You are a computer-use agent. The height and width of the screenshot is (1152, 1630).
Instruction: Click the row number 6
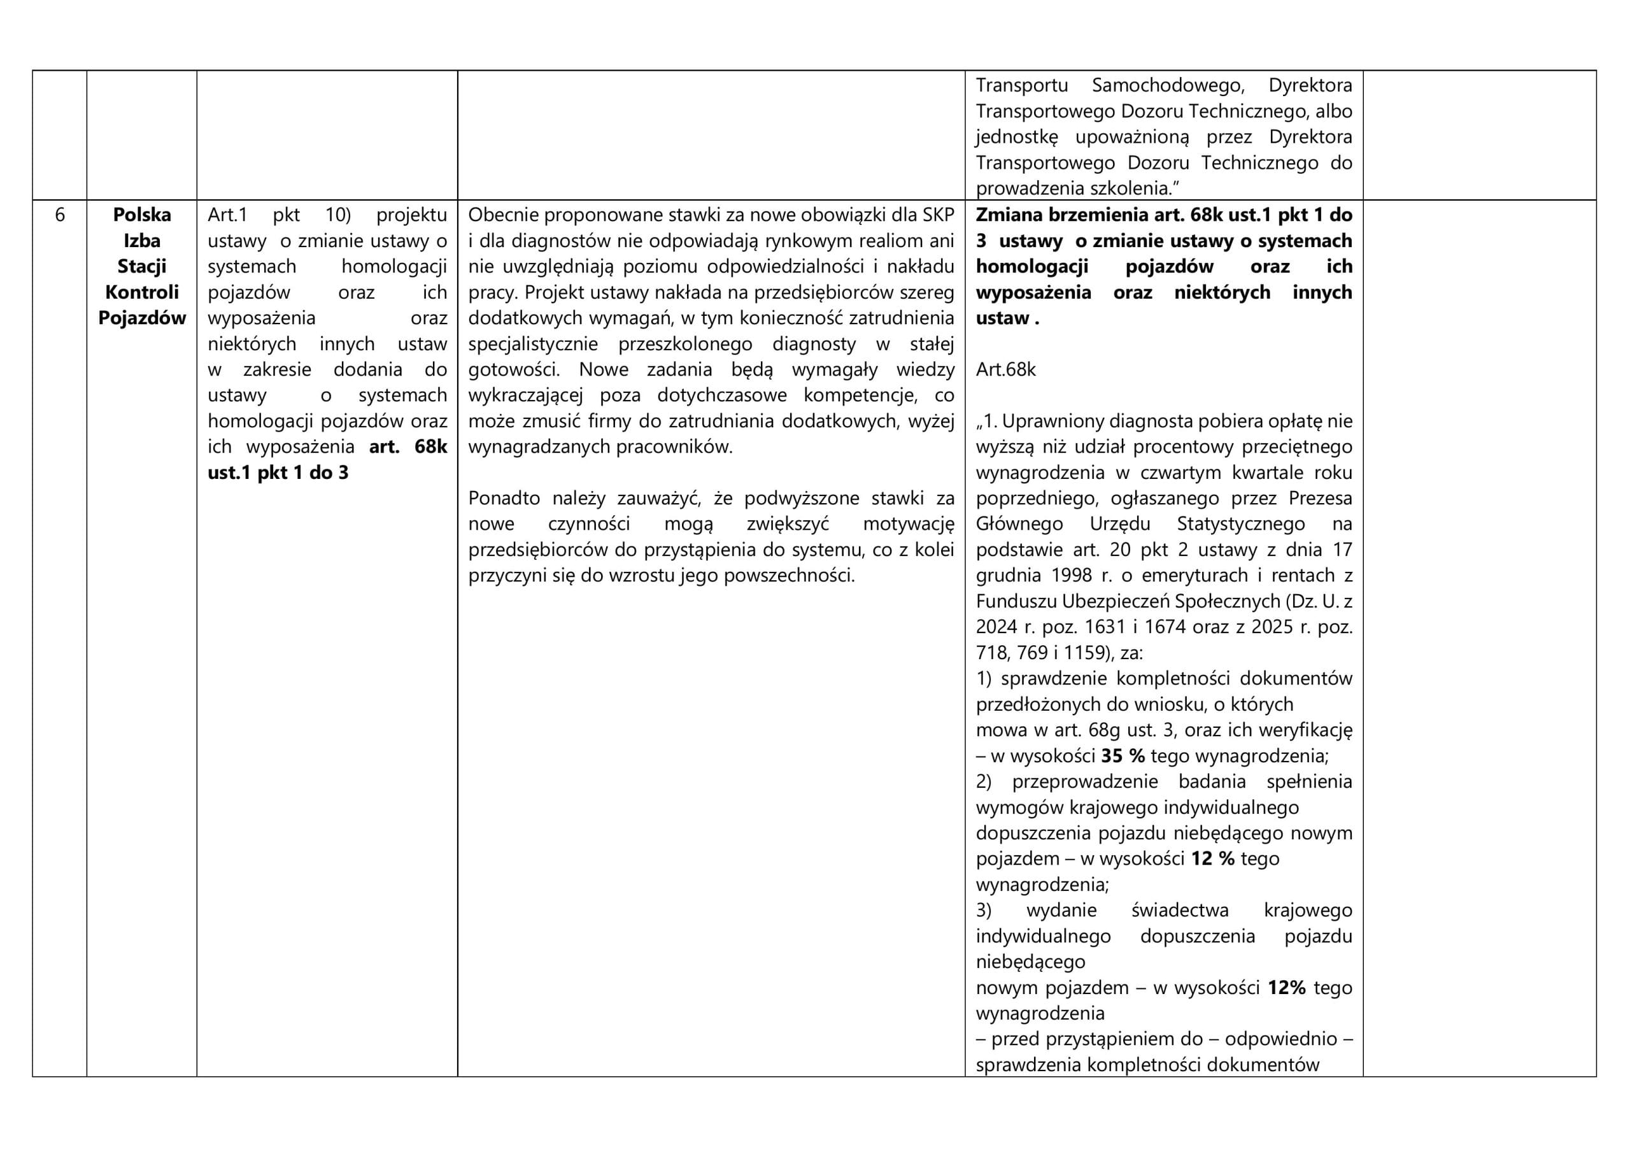(60, 215)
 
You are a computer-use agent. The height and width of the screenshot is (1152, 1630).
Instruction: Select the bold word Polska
(142, 215)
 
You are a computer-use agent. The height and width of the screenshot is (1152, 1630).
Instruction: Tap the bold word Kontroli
(142, 292)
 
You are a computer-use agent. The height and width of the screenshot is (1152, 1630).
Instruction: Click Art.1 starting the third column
(227, 215)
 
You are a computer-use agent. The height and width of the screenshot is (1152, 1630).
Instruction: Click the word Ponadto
(504, 498)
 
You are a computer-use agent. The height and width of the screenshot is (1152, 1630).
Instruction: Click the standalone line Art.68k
(1005, 369)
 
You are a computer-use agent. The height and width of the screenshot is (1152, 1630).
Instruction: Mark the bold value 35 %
(1123, 756)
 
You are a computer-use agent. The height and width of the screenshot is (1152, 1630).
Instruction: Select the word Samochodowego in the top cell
(1168, 85)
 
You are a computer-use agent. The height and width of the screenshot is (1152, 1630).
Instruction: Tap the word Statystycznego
(1240, 524)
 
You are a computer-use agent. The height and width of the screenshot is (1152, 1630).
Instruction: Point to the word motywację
(908, 524)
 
